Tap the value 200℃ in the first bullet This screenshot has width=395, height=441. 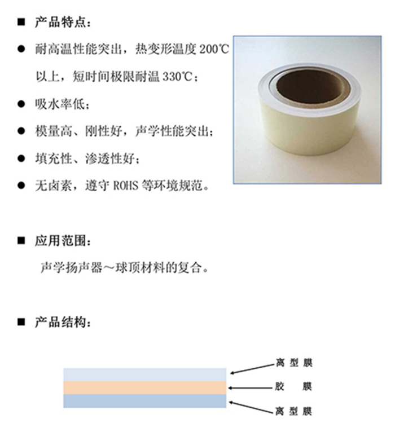click(214, 49)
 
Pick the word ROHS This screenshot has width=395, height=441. click(126, 186)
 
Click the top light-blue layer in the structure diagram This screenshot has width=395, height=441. click(144, 374)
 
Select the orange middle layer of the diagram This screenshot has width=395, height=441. click(144, 388)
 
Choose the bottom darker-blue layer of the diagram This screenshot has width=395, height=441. click(144, 401)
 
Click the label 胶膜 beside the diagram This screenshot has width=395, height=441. click(293, 387)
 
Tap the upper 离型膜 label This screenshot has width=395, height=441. click(293, 363)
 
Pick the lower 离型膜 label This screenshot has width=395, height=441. click(293, 412)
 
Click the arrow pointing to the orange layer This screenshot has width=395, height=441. click(251, 388)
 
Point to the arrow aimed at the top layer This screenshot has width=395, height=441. click(252, 369)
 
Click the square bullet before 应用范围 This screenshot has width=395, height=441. click(21, 241)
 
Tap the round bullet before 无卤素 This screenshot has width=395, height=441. click(21, 186)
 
